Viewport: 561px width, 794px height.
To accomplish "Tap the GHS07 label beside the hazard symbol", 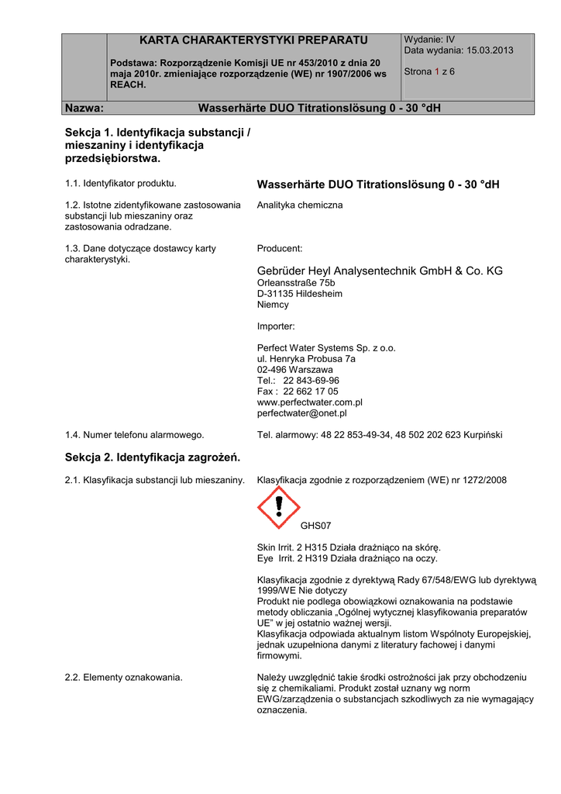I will (x=315, y=526).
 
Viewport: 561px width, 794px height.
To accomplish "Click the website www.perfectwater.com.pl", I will (x=309, y=402).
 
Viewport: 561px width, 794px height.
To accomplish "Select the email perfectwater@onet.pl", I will (x=301, y=413).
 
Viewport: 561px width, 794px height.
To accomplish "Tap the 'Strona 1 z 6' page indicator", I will (x=429, y=71).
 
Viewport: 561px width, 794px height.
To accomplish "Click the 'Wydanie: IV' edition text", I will (x=429, y=40).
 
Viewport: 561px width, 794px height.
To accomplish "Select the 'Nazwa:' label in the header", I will (x=84, y=107).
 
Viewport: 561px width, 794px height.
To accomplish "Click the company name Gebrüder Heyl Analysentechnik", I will (x=380, y=271).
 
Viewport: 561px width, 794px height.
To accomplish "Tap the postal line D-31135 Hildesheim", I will (x=299, y=294).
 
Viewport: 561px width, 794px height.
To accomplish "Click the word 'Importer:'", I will (x=275, y=326).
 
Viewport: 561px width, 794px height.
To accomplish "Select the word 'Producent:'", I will (x=279, y=249).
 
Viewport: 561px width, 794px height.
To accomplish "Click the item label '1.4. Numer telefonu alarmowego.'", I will (x=135, y=435).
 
